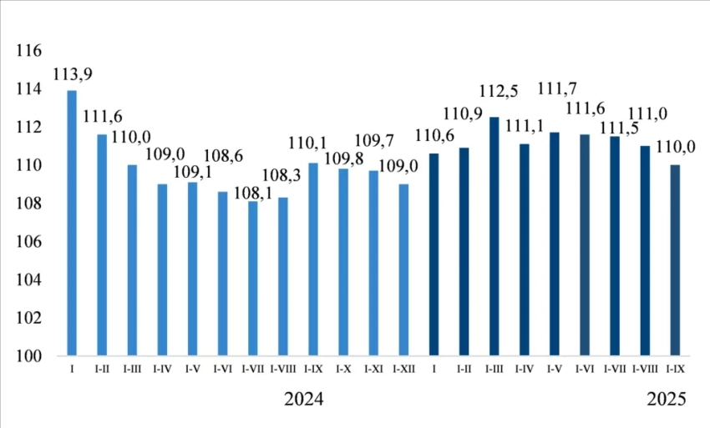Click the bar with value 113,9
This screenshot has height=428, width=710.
click(x=72, y=223)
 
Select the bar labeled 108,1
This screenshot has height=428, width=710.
click(x=252, y=279)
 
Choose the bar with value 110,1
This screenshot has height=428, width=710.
click(x=312, y=259)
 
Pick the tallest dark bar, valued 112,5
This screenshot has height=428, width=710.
click(x=494, y=237)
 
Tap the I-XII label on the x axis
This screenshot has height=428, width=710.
click(x=403, y=368)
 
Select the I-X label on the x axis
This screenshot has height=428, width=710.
click(x=342, y=368)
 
